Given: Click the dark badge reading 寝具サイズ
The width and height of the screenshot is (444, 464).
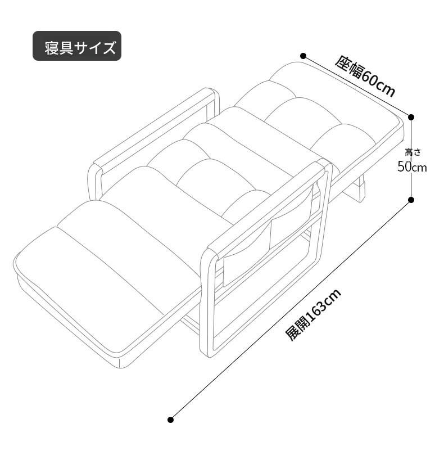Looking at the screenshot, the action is coord(77,46).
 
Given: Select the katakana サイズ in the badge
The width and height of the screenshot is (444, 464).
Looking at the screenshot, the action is coord(94,48).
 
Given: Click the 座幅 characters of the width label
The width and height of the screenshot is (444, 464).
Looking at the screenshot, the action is coord(349,67).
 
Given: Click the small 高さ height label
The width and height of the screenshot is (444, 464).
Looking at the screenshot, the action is coord(413,152).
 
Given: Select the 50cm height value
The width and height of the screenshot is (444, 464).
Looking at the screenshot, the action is coord(412,167).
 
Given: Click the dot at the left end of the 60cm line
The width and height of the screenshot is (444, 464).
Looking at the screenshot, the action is coord(303,56).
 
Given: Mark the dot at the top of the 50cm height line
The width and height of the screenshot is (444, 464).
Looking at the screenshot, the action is coord(411,117).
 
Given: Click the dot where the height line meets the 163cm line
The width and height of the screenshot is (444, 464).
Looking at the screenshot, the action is coord(411,200).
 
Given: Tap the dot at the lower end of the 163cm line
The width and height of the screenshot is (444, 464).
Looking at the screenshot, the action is coord(170,420).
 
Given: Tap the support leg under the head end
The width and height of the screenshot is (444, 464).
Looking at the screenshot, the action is coord(360,190).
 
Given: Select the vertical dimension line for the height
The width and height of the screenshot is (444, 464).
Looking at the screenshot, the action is coord(411,159).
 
